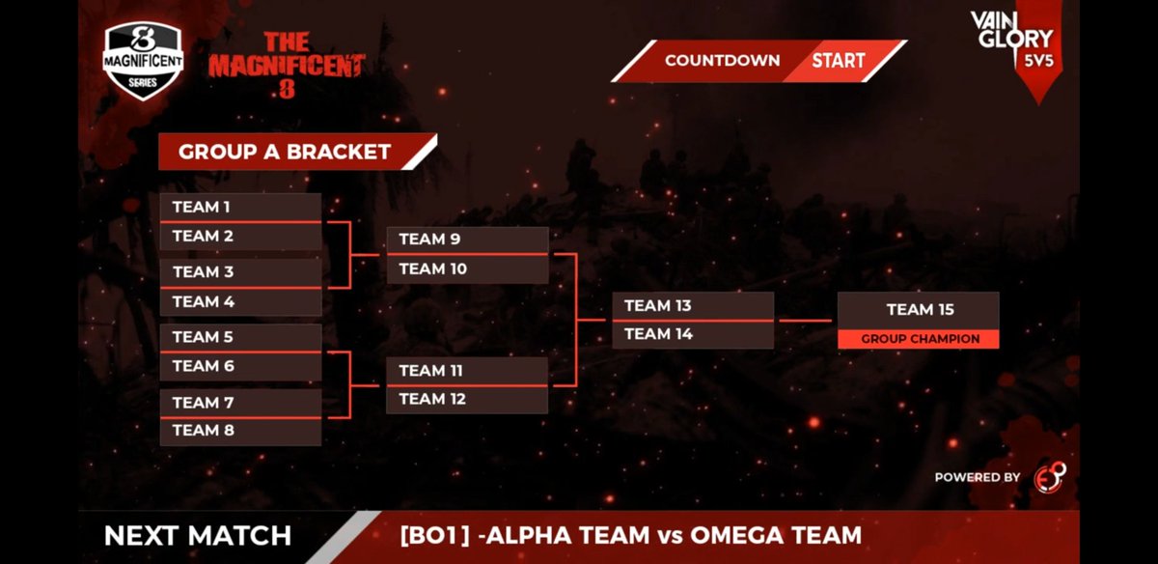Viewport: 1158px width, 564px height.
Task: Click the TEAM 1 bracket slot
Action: [x=240, y=208]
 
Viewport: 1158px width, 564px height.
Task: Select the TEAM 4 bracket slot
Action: [x=240, y=301]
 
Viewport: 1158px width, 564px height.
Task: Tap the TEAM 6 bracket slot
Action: [x=240, y=366]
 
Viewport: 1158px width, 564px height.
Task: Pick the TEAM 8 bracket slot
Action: [x=240, y=431]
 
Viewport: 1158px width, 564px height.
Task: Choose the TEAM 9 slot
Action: [x=467, y=240]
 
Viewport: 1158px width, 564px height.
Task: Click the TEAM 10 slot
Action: [x=467, y=269]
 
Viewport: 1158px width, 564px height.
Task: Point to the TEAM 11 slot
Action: [x=467, y=371]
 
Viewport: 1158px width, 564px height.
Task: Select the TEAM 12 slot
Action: [x=467, y=399]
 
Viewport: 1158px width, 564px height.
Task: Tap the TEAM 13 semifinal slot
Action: [x=693, y=306]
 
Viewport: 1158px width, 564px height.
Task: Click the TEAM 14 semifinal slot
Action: [x=693, y=334]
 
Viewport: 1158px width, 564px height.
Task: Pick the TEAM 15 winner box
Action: [x=918, y=310]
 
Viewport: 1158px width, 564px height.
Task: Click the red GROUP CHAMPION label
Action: [x=918, y=339]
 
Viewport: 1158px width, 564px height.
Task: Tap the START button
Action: [x=838, y=61]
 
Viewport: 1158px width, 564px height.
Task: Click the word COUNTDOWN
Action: [x=722, y=61]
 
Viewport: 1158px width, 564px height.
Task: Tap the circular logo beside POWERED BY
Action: [x=1049, y=477]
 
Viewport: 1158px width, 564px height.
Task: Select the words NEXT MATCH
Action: [x=197, y=536]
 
